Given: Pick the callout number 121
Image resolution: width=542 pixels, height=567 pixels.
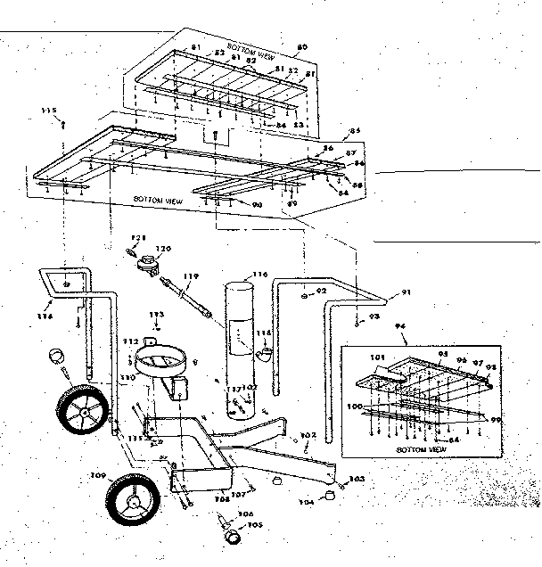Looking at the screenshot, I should (137, 238).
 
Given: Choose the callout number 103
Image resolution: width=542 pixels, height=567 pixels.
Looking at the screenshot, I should (357, 479).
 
